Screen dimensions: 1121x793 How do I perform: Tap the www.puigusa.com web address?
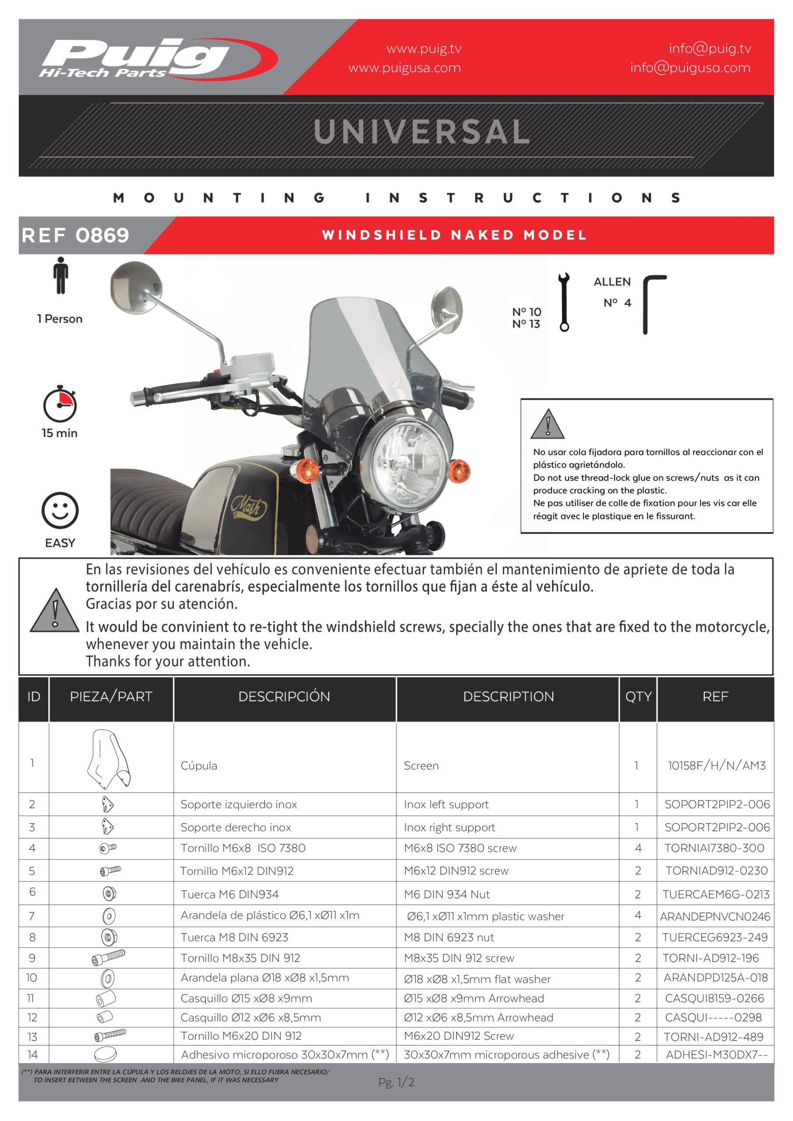[404, 67]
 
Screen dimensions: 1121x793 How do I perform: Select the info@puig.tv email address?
[709, 48]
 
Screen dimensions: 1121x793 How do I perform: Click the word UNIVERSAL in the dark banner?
[421, 132]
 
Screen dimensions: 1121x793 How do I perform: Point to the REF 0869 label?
[75, 235]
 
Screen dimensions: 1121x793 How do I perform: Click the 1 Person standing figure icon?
[60, 276]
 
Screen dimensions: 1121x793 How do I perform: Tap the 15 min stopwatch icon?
[60, 404]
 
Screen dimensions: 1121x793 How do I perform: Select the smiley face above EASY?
[60, 510]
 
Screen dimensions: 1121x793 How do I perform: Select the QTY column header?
[637, 696]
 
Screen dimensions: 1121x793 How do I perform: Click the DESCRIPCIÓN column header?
[284, 696]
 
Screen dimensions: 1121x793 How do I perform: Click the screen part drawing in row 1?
[109, 759]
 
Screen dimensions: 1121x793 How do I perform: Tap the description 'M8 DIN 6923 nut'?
[449, 937]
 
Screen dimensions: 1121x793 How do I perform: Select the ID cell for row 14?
[33, 1054]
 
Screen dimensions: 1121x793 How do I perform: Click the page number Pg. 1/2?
[396, 1082]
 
